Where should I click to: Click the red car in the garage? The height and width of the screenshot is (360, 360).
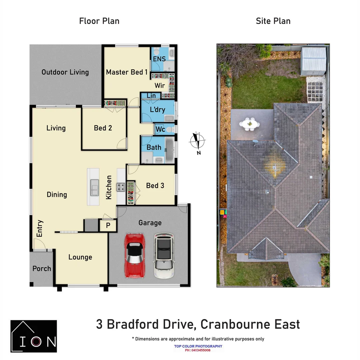click(135, 256)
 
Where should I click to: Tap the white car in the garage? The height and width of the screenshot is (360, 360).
click(164, 256)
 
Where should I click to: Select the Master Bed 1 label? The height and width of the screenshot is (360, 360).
click(127, 72)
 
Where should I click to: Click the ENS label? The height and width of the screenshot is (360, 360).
click(159, 59)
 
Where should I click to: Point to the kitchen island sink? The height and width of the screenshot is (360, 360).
click(94, 187)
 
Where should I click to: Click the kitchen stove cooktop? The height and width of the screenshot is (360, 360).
click(121, 187)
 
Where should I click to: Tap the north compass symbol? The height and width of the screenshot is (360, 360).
click(197, 141)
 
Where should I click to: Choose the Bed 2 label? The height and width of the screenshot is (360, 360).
click(103, 128)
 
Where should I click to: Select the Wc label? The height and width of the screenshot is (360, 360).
click(160, 129)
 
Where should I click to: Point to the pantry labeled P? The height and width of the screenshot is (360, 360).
click(108, 225)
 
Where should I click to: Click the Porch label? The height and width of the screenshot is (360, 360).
click(42, 269)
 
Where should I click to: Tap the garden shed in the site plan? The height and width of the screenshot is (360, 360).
click(313, 61)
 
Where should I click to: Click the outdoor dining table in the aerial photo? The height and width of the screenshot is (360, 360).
click(249, 124)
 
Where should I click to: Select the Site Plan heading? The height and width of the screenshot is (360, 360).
click(273, 21)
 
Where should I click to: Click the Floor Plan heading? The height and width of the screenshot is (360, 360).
click(99, 21)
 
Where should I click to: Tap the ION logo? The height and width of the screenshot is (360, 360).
click(34, 336)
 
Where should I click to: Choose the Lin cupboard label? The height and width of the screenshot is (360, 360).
click(151, 96)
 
